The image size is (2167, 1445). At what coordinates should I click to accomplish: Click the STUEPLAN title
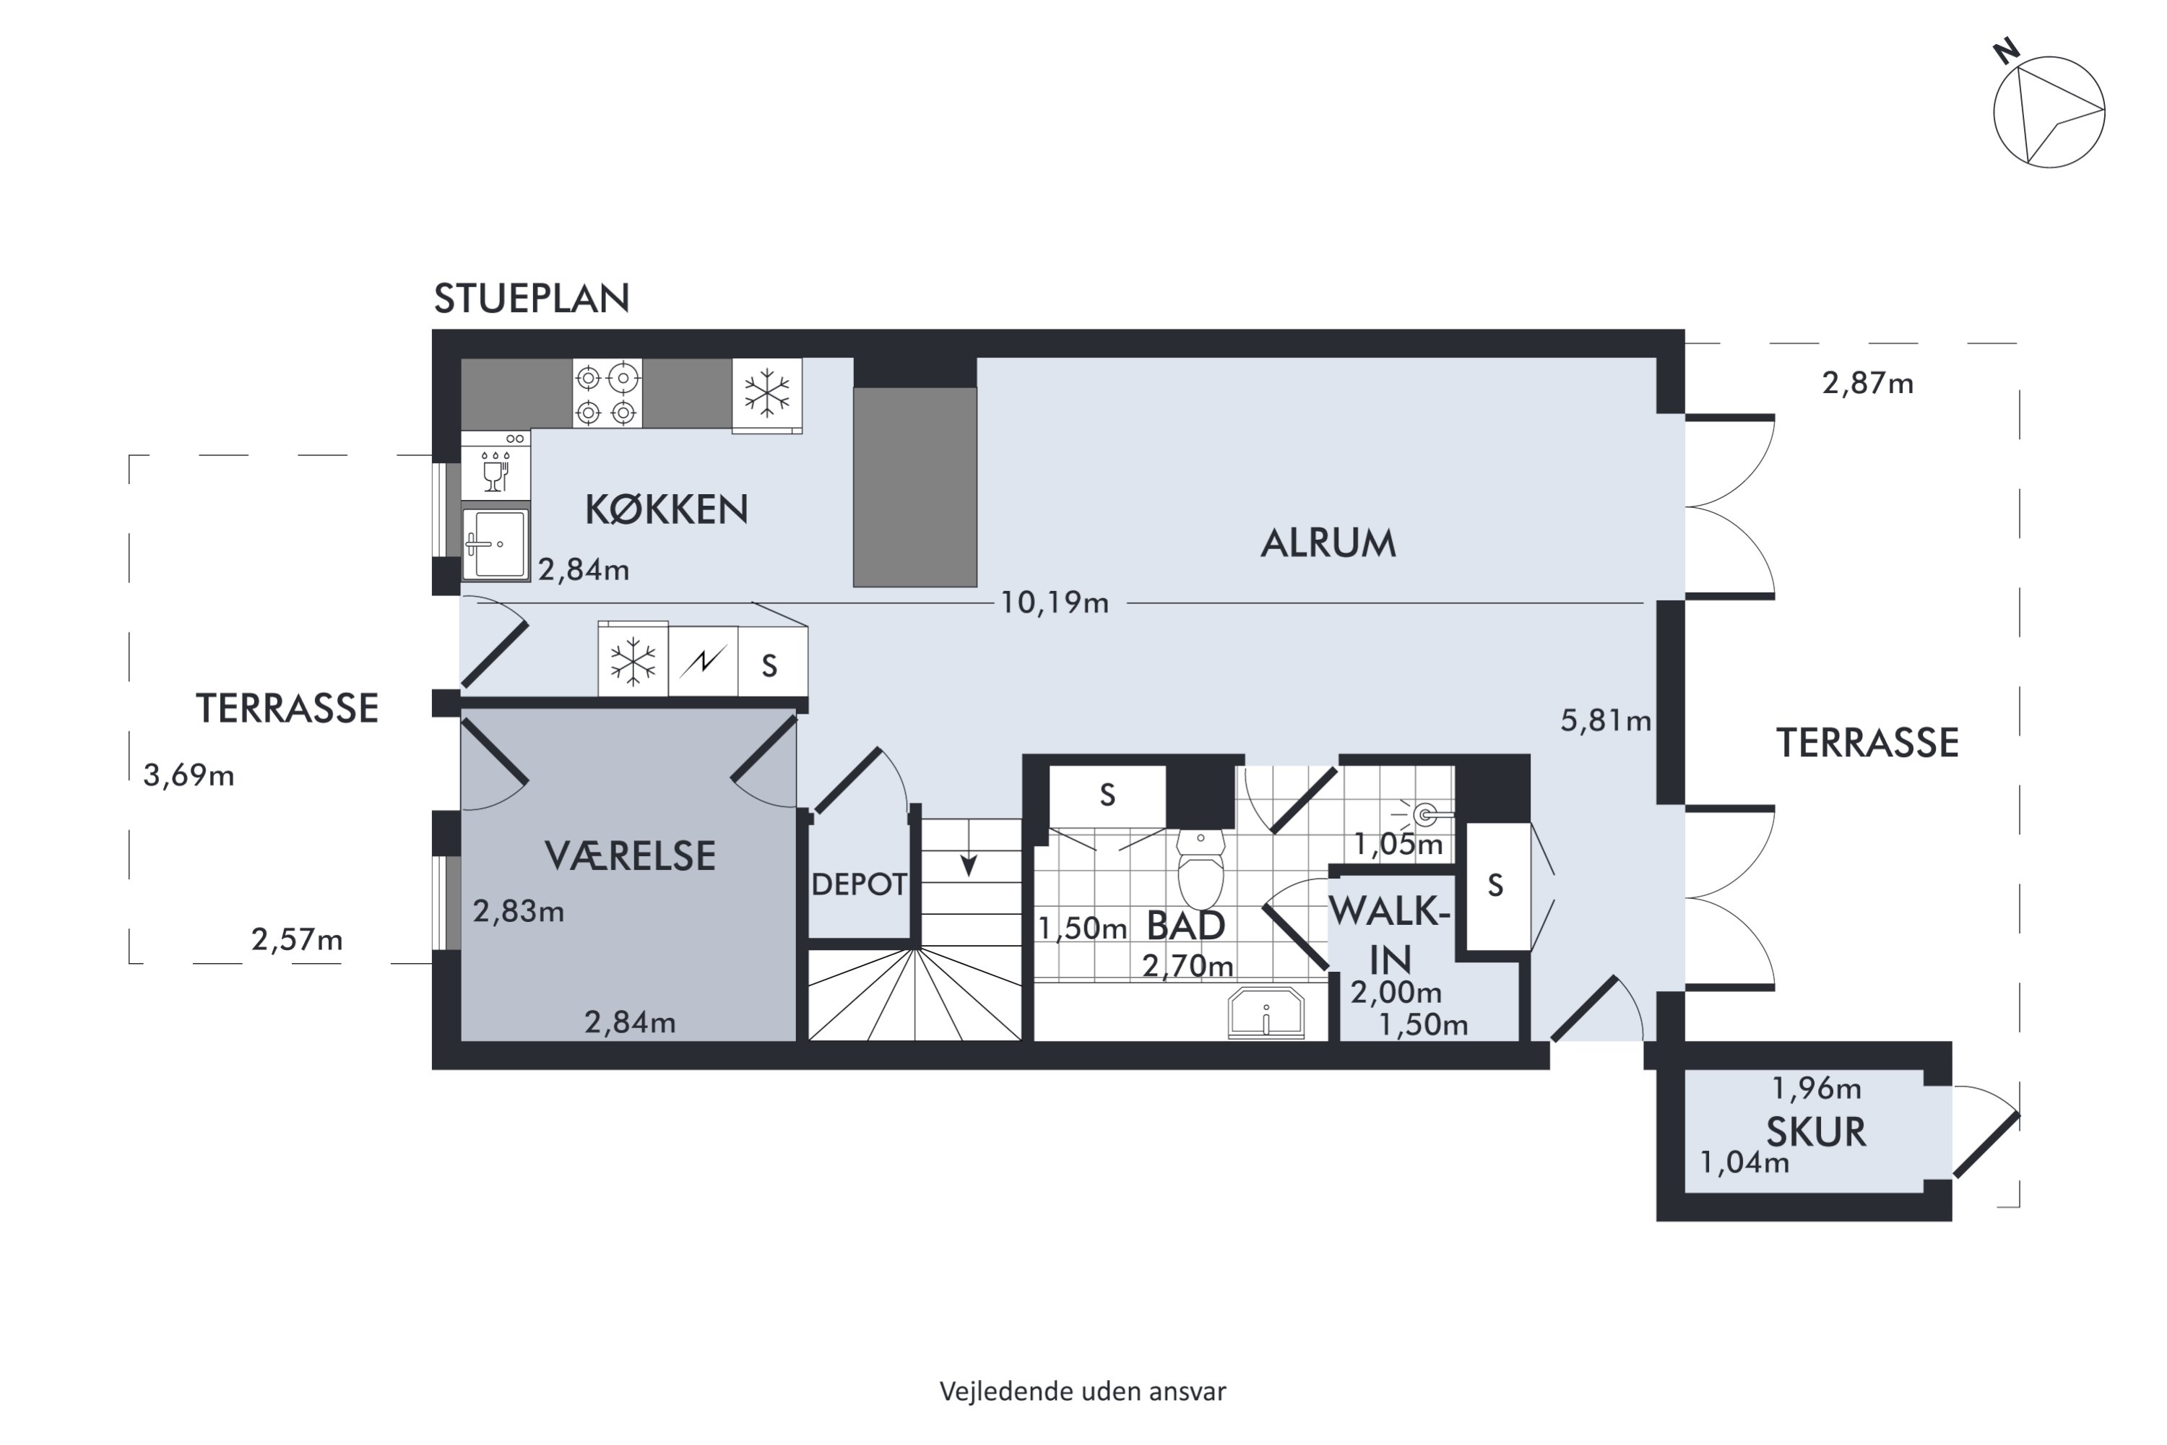[532, 298]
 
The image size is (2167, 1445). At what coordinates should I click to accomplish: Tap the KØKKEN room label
[666, 509]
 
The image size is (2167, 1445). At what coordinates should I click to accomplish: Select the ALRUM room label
[1328, 544]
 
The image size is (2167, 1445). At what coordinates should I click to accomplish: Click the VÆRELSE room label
[630, 856]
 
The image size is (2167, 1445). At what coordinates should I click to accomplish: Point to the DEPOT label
[859, 884]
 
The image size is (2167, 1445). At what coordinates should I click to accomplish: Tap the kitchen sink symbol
[496, 545]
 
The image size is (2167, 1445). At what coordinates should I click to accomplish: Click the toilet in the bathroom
[1201, 869]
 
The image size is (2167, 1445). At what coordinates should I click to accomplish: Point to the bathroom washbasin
[1267, 1013]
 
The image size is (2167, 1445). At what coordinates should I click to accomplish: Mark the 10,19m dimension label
[1055, 603]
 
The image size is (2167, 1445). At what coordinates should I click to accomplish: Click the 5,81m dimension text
[1606, 720]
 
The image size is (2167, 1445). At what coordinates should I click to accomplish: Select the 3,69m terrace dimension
[189, 775]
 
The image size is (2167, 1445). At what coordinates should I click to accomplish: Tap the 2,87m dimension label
[1867, 382]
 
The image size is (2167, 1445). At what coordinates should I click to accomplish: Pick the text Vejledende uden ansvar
[1083, 1391]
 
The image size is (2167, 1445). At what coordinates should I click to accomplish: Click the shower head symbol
[1424, 814]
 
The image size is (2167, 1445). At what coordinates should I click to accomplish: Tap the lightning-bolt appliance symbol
[703, 661]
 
